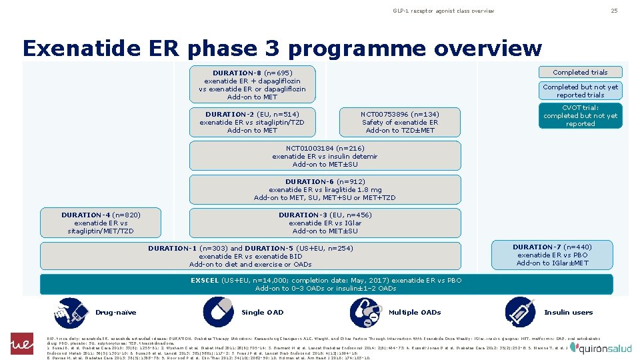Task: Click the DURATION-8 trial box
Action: pos(252,85)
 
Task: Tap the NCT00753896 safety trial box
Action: pos(399,123)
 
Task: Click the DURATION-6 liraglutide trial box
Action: pos(325,189)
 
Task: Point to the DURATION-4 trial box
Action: pos(101,223)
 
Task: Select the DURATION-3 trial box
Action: pos(325,223)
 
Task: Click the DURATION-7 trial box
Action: pos(553,255)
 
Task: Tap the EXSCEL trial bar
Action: pos(326,284)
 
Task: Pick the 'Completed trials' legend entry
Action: pos(580,72)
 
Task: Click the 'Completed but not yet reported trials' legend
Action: pos(580,91)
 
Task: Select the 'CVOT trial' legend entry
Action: pos(580,115)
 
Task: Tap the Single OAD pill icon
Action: pos(217,312)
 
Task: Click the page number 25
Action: pos(614,11)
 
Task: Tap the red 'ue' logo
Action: pos(22,344)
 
